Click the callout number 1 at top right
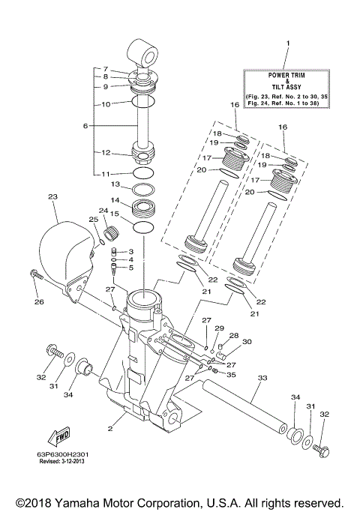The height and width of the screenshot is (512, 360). [x=286, y=46]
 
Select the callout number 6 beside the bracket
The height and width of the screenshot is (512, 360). [x=85, y=126]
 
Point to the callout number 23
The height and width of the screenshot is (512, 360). [x=52, y=197]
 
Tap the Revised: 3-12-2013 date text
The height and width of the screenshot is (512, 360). [x=69, y=463]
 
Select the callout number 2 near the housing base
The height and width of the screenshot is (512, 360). [x=109, y=429]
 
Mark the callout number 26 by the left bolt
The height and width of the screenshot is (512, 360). [x=39, y=301]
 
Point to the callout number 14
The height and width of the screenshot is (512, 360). [x=115, y=201]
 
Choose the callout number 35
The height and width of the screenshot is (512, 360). [x=232, y=374]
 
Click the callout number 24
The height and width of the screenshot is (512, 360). [x=103, y=211]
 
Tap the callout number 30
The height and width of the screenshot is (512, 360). [x=247, y=341]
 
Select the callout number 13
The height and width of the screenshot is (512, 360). [x=115, y=184]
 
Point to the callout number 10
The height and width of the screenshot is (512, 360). [x=106, y=103]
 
